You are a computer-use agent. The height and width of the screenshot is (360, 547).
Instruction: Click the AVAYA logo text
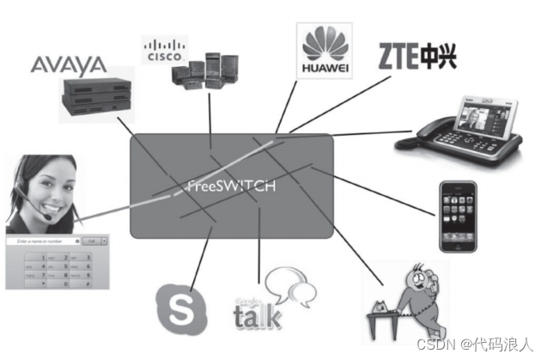coord(68,64)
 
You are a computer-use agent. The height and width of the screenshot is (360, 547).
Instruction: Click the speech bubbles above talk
coord(286,286)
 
